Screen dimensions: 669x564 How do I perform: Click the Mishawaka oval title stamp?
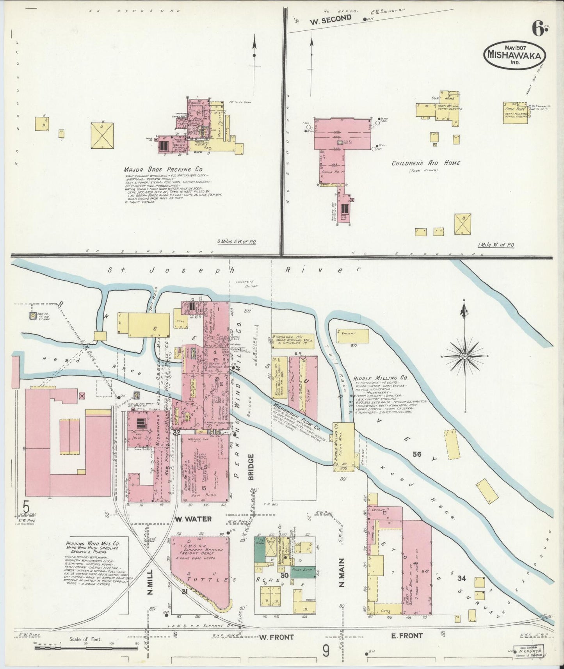coord(515,55)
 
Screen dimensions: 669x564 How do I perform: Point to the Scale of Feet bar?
coord(85,648)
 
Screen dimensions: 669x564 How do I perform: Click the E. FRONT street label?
coord(407,636)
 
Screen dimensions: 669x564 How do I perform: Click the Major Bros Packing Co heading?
coord(163,170)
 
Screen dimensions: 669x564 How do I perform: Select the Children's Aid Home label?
coord(425,163)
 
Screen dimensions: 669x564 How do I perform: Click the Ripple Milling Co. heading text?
coord(381,378)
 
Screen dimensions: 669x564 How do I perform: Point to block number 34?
coord(462,578)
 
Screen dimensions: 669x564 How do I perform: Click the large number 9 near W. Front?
coord(326,651)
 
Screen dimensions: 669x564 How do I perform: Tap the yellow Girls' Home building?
coord(515,113)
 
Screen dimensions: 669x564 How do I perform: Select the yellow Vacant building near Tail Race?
coord(352,336)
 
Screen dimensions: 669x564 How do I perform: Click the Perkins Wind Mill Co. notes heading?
coord(93,543)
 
